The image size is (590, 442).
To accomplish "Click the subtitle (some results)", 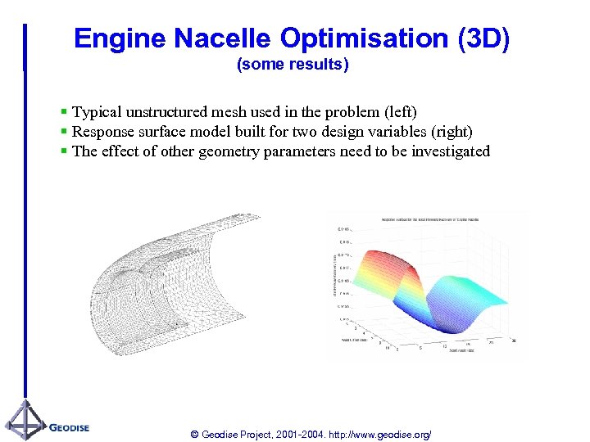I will pos(293,65).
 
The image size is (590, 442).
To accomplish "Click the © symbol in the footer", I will pos(194,434).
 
